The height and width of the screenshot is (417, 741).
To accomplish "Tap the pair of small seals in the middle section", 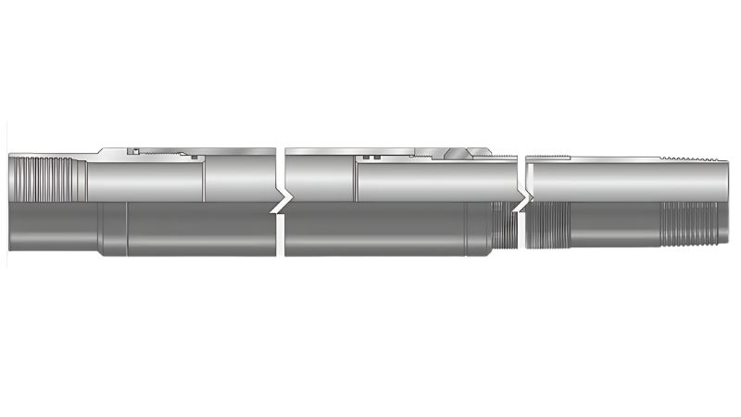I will [370, 158].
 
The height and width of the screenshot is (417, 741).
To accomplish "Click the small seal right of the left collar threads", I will [195, 158].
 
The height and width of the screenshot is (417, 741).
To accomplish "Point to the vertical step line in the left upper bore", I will [203, 181].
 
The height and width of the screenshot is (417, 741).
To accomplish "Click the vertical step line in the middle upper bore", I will [356, 181].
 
